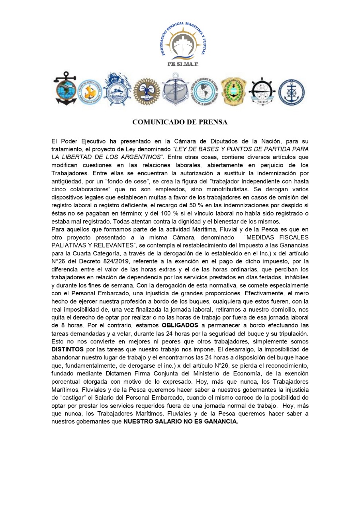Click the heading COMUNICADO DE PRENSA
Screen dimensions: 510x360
click(180, 122)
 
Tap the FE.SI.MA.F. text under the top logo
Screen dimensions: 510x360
click(183, 64)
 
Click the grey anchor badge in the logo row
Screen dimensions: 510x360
click(175, 90)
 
